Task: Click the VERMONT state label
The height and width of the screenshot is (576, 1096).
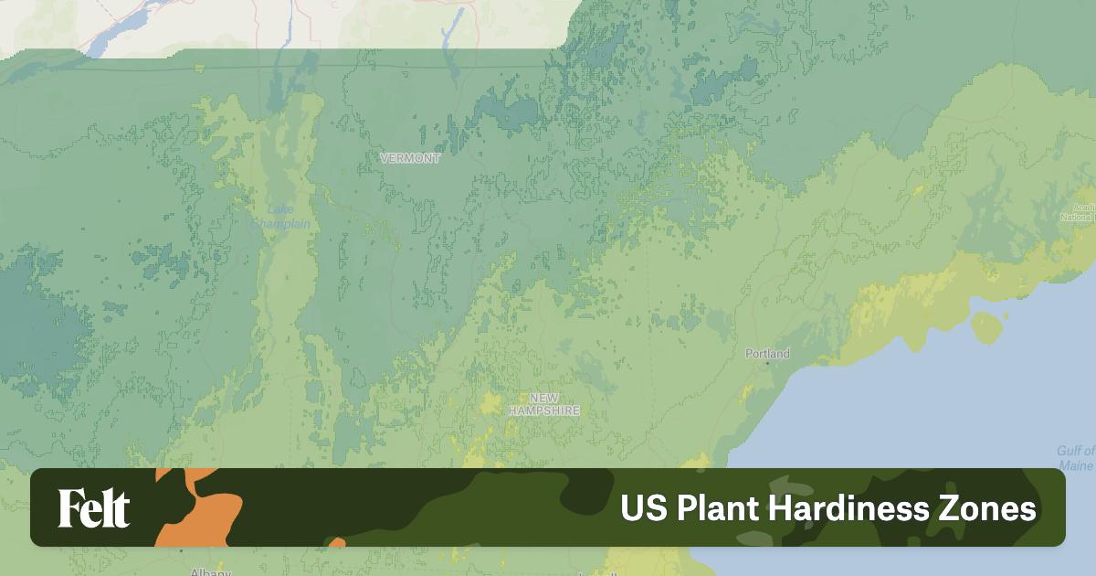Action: [x=410, y=158]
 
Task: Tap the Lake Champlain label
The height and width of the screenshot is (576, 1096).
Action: [x=280, y=217]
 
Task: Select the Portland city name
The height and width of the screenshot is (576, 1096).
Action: [x=767, y=353]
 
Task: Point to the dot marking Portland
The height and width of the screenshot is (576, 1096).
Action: [x=767, y=363]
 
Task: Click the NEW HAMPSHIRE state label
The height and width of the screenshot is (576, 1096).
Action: [x=544, y=404]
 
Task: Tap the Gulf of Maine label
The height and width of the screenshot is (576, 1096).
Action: [x=1076, y=458]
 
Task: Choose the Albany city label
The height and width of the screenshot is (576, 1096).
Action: [x=210, y=572]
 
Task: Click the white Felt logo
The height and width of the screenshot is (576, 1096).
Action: [x=94, y=508]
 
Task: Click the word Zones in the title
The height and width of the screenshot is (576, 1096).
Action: [x=991, y=508]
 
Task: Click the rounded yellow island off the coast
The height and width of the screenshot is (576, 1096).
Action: [x=986, y=327]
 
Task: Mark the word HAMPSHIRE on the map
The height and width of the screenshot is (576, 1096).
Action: [x=544, y=411]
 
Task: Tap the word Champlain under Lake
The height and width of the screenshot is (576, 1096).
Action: [x=280, y=224]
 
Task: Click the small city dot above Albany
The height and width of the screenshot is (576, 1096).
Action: [x=181, y=550]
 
